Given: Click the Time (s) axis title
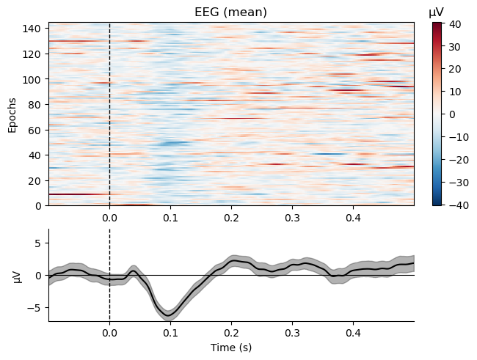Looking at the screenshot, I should pyautogui.click(x=231, y=348).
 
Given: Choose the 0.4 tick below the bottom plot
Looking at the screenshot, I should pyautogui.click(x=353, y=332).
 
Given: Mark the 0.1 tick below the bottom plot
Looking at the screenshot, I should pyautogui.click(x=170, y=332).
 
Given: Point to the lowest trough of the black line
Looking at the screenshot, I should pyautogui.click(x=170, y=315).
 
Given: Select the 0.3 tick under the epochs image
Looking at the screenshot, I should pyautogui.click(x=292, y=217).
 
